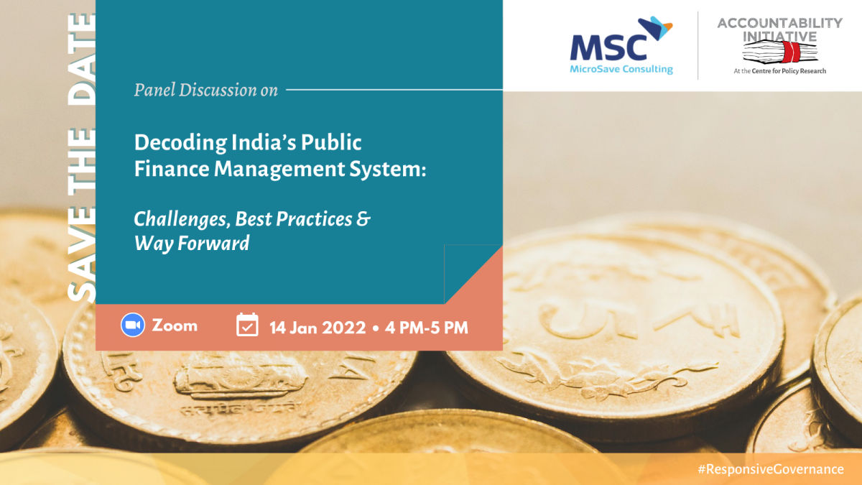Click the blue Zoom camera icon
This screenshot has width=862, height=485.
coord(132,325)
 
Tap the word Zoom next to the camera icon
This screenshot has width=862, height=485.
coord(175,325)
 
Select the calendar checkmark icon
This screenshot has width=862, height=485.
coord(247,325)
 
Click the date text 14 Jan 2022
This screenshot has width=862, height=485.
coord(318,328)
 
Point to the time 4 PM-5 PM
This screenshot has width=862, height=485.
coord(427,328)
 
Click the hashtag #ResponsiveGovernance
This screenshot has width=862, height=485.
coord(771,468)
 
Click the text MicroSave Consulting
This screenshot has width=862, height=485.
coord(621,70)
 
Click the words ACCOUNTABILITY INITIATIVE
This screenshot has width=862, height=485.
coord(779,29)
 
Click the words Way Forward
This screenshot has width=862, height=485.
coord(192,243)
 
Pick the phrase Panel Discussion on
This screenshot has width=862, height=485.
coord(206,91)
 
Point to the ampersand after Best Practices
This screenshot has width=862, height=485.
coord(363,218)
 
